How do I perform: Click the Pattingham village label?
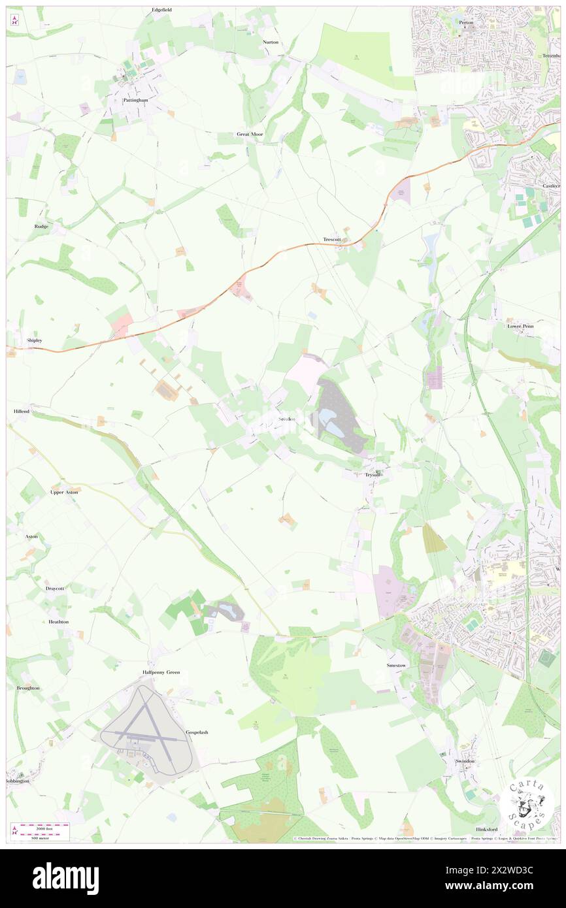tap(135, 100)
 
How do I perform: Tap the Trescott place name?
tap(332, 240)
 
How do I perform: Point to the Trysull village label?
tap(373, 474)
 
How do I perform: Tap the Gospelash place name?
tap(197, 732)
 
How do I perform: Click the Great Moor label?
tap(250, 134)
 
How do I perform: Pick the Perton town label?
tap(466, 22)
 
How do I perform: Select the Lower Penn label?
tap(520, 325)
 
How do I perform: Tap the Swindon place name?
tap(465, 761)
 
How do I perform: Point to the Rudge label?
tap(41, 226)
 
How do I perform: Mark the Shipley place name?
tap(34, 340)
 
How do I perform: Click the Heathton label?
tap(58, 622)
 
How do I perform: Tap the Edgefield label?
tap(161, 10)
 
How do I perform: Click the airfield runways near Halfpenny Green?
tap(147, 732)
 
